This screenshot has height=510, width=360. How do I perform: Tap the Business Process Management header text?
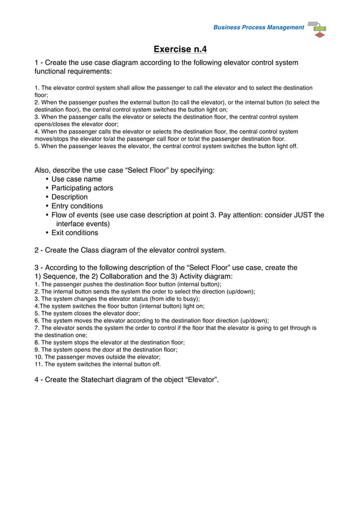tap(258, 28)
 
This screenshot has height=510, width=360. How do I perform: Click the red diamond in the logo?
tap(320, 35)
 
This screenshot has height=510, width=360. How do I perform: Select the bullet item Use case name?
tap(77, 179)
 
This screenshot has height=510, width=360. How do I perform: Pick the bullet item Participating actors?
tap(82, 188)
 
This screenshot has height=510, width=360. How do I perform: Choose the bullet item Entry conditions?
tap(77, 206)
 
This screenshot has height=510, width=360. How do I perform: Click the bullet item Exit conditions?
tap(74, 233)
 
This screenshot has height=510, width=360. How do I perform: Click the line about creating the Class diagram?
tap(130, 250)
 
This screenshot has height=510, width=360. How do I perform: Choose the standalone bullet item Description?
tap(69, 197)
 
